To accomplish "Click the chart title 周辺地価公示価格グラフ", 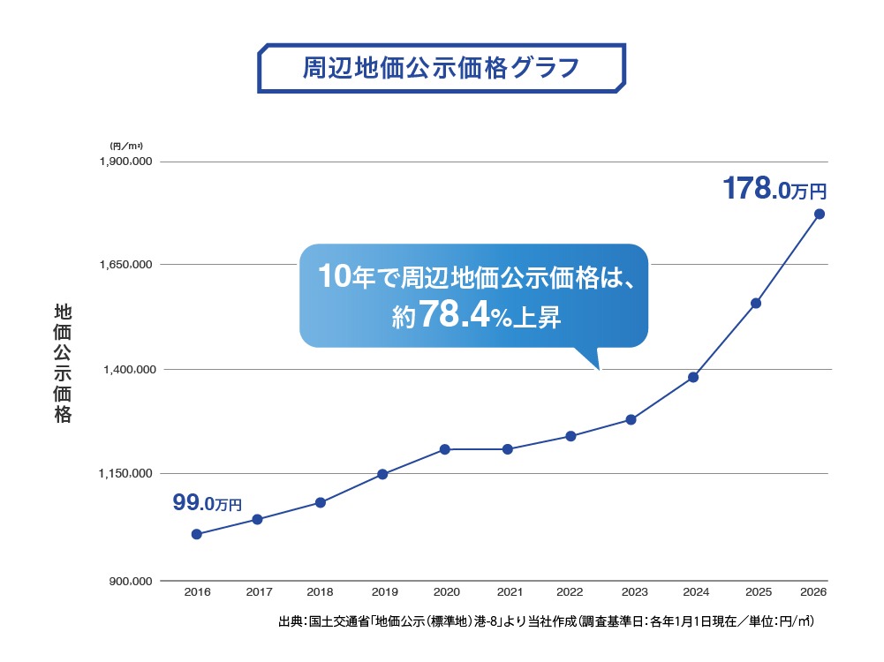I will pos(442,68).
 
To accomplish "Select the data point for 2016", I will pos(196,534).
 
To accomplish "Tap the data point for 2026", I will pos(820,214).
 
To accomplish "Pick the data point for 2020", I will pos(445,449).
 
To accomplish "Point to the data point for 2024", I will pos(693,378).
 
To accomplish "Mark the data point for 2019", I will pos(382,474).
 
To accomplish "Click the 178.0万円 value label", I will pos(774,190).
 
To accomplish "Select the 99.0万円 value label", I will pos(206,504).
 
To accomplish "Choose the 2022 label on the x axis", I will pos(570,592).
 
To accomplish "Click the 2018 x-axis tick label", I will pos(321,592).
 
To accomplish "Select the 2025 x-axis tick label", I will pos(757,592).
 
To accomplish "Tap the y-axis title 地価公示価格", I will pos(63,364).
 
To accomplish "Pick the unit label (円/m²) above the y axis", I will pos(126,146).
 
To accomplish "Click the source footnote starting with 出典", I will pos(545,622).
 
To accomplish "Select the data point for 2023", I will pos(631,419).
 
